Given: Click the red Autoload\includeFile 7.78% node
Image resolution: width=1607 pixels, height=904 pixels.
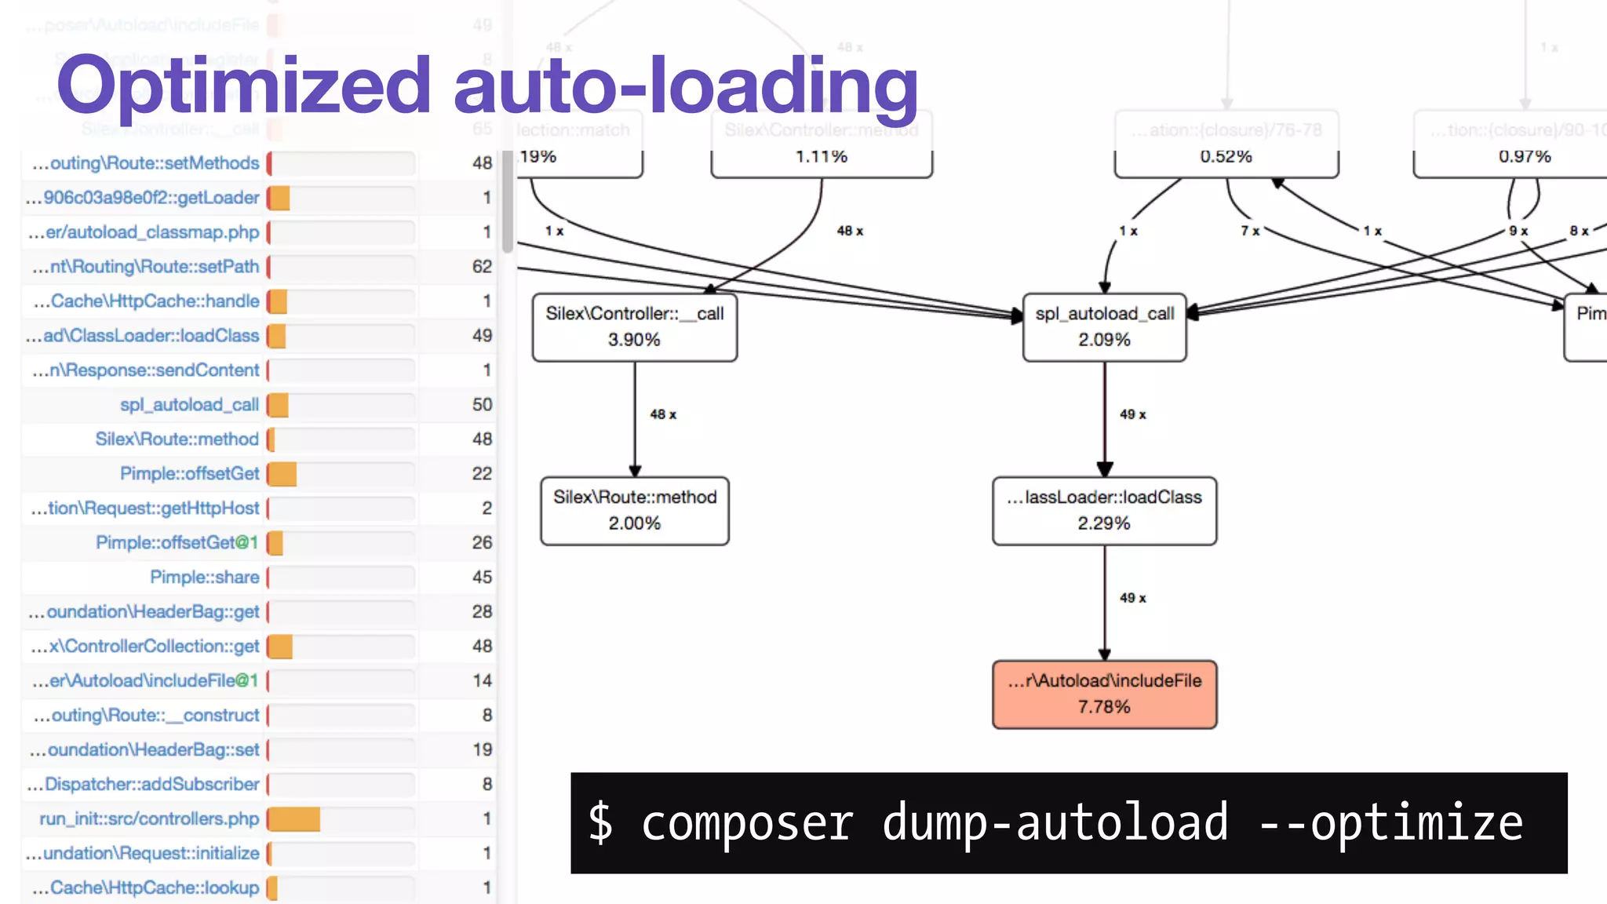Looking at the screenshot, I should (x=1104, y=694).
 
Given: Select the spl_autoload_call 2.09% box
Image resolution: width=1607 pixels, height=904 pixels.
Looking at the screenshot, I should (x=1104, y=326).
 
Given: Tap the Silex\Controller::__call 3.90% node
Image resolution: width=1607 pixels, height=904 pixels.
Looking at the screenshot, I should (x=634, y=326).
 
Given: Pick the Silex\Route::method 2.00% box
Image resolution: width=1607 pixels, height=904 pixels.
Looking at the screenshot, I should (x=634, y=510).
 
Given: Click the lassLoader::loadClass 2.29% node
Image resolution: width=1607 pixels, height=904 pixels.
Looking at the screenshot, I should (x=1104, y=510).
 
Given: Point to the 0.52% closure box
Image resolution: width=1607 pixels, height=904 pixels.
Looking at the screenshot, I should (x=1226, y=144).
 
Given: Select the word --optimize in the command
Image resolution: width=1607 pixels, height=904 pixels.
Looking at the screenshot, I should (x=1390, y=823).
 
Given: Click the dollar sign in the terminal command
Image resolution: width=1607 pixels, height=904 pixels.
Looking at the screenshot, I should (x=600, y=823).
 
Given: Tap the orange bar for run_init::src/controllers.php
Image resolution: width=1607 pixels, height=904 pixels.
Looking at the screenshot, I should (x=294, y=819).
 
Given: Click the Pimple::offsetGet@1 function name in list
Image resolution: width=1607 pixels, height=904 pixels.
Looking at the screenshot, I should (x=177, y=543).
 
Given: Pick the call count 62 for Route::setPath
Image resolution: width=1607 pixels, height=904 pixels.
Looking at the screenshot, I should (x=482, y=267).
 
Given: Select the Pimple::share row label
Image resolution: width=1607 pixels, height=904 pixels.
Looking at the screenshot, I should (x=204, y=578).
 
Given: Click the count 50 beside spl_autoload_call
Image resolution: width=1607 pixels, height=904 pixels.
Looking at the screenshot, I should (x=482, y=405).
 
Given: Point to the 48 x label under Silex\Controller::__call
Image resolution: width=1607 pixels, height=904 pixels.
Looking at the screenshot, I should (x=663, y=414).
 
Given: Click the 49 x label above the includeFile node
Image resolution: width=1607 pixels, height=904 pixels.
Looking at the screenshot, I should (x=1132, y=598).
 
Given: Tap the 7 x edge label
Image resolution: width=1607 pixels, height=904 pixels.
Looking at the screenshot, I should (x=1250, y=231).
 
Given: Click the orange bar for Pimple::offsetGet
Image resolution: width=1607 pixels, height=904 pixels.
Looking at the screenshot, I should (x=282, y=474).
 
